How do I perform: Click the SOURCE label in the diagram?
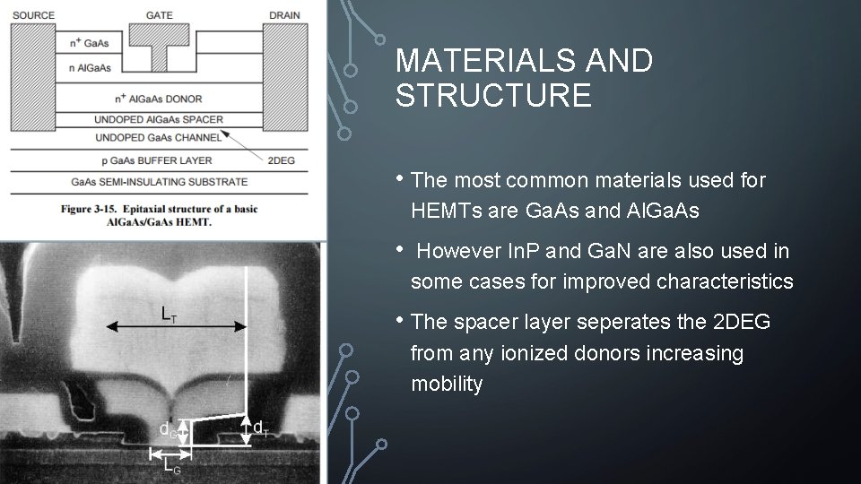[32, 15]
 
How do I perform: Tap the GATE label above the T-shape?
[159, 15]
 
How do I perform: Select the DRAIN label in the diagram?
[284, 15]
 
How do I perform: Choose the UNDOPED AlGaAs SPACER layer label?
[159, 119]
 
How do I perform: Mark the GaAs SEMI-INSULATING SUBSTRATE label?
[160, 182]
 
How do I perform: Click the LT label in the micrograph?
[168, 314]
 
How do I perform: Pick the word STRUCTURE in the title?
[493, 95]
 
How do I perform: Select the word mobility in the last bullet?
[447, 384]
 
